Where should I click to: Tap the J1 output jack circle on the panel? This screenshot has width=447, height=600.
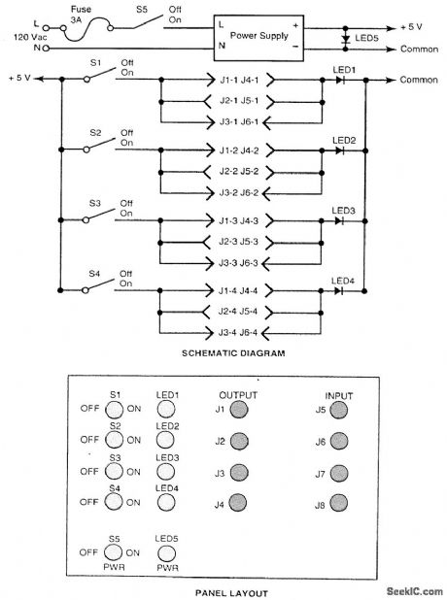pos(238,410)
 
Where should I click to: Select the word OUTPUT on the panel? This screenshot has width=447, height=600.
pos(238,395)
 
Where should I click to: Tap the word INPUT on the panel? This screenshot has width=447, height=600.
pos(338,395)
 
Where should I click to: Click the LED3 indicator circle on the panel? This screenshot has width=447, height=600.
pos(165,472)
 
